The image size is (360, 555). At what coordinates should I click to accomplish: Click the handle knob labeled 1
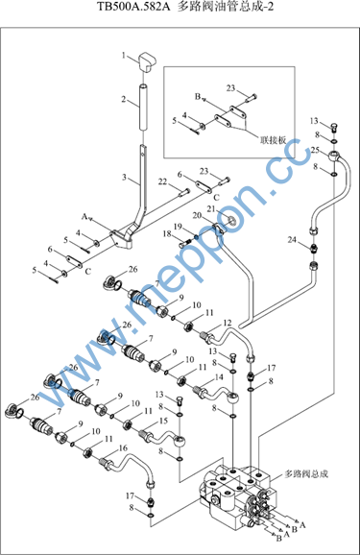[x=145, y=61]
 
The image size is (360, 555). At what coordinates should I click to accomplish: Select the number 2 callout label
[x=124, y=99]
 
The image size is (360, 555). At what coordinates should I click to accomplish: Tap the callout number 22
[x=162, y=181]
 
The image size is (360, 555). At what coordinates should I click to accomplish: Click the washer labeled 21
[x=232, y=220]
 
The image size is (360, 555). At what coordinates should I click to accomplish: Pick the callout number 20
[x=197, y=215]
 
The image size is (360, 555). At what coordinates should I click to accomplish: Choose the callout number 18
[x=167, y=233]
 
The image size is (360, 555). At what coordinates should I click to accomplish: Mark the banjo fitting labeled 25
[x=334, y=156]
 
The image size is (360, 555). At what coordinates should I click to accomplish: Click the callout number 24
[x=292, y=240]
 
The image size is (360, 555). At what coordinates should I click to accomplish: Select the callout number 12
[x=228, y=323]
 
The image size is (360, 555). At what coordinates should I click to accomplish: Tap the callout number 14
[x=219, y=377]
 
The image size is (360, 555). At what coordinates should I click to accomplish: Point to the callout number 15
[x=163, y=421]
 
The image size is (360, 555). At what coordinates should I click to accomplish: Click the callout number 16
[x=123, y=448]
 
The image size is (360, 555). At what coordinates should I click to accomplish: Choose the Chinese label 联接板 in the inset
[x=273, y=140]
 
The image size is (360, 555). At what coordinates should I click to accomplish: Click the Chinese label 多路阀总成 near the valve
[x=306, y=474]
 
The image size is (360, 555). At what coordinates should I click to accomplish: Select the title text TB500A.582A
[x=133, y=7]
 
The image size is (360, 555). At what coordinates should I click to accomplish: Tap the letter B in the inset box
[x=198, y=96]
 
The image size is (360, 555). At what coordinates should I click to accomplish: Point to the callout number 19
[x=178, y=227]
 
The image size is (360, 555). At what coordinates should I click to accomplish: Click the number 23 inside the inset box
[x=230, y=87]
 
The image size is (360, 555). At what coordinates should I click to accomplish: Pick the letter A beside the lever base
[x=84, y=216]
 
